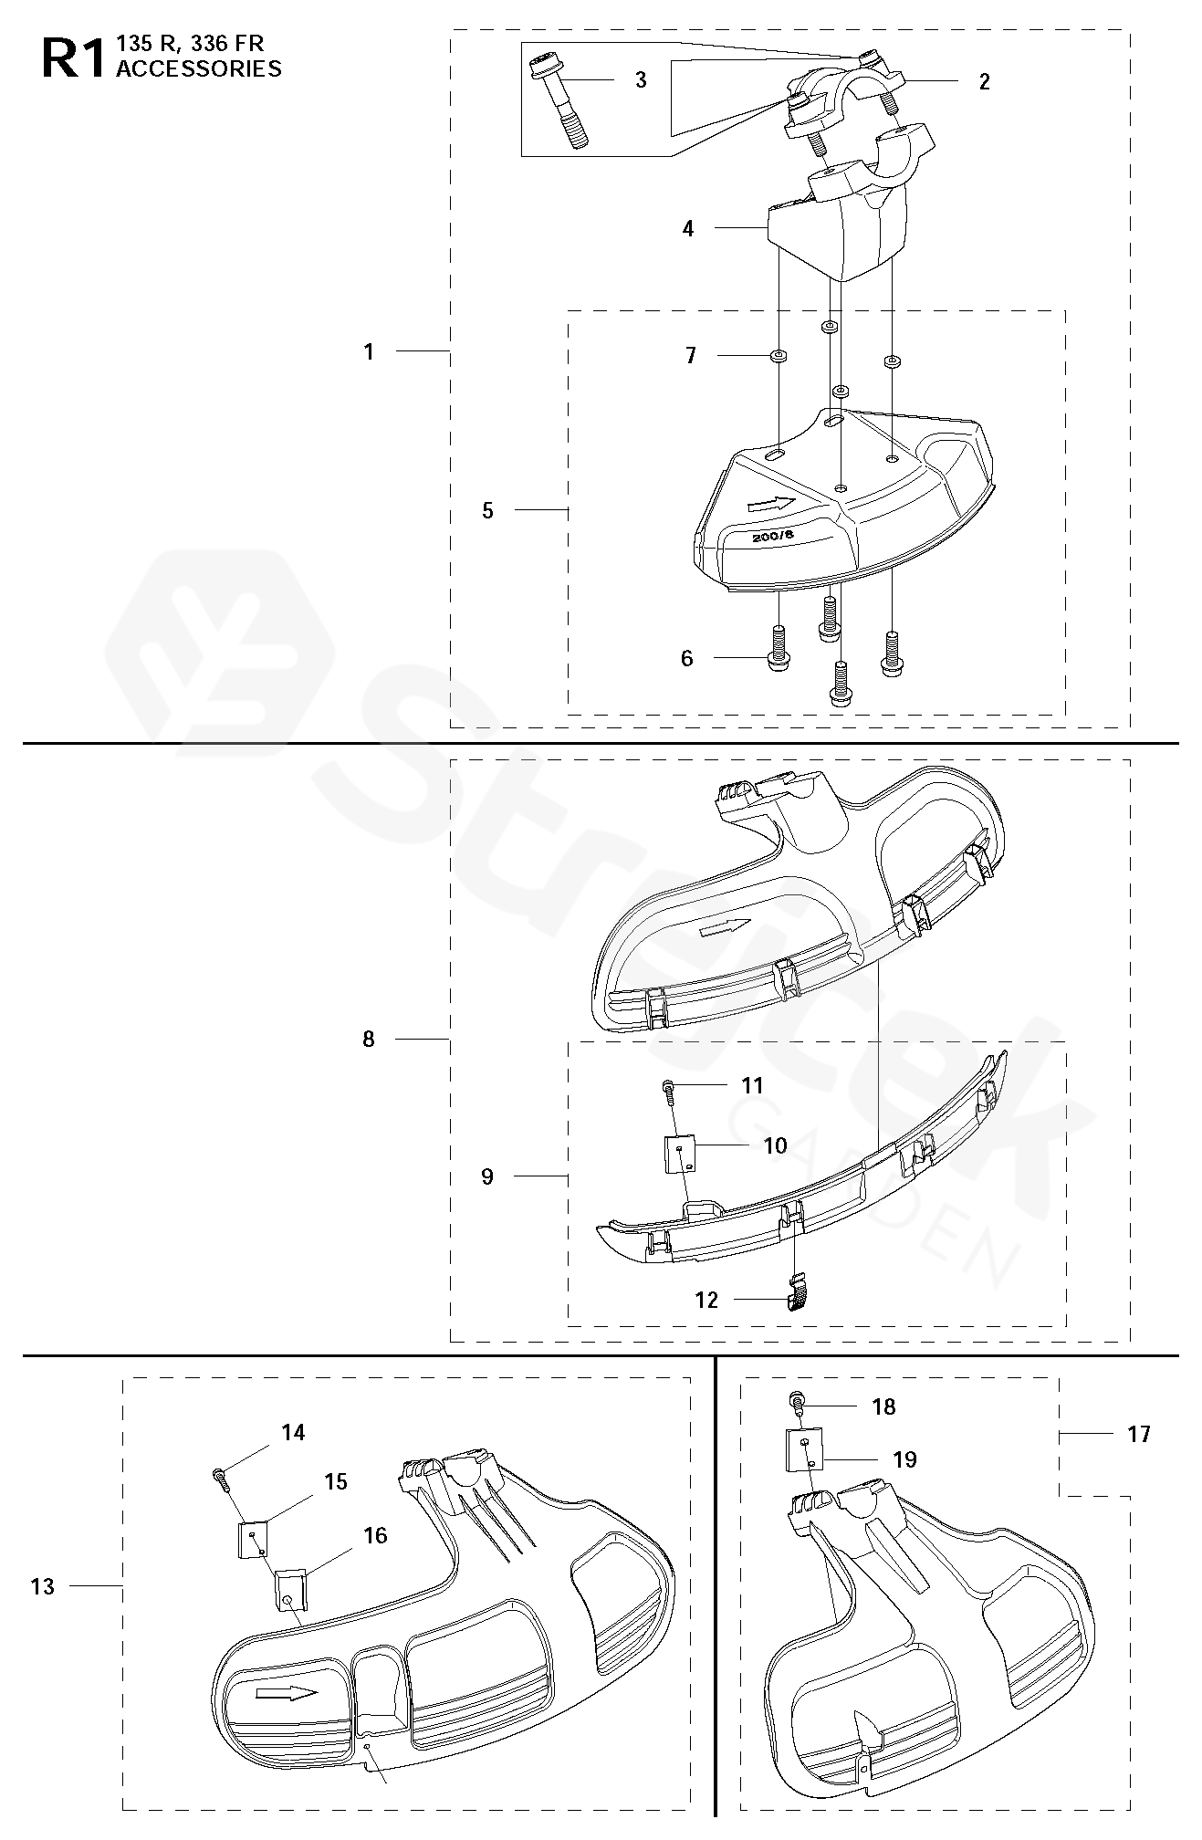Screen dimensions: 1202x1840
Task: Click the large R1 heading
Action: tap(73, 58)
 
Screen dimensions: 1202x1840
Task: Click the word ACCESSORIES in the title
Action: tap(199, 68)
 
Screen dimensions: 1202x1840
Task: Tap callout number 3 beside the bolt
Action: tap(641, 80)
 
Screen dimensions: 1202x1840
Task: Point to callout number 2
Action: tap(984, 81)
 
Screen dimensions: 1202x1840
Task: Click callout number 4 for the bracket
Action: tap(688, 229)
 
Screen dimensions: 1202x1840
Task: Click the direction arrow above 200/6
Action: tap(770, 503)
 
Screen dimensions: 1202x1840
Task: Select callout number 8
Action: tap(369, 1039)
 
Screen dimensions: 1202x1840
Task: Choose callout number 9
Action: tap(487, 1176)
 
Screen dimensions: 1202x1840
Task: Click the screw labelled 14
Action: tap(222, 1475)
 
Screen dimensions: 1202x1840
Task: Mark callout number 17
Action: tap(1139, 1435)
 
